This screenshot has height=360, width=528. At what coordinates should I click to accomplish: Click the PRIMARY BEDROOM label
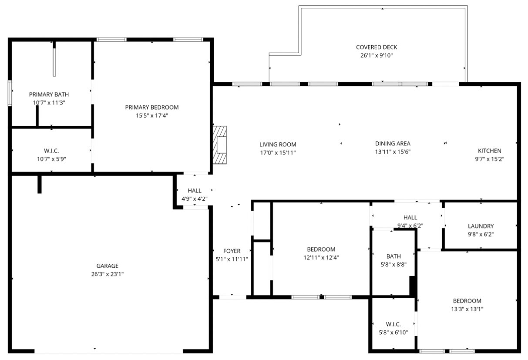tap(152, 107)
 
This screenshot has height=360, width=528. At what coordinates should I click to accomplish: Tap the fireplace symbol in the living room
tap(220, 145)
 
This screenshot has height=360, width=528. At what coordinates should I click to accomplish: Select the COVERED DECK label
tap(377, 47)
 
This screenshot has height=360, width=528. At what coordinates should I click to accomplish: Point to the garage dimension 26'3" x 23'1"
tap(108, 274)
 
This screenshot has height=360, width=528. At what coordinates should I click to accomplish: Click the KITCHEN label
tap(490, 151)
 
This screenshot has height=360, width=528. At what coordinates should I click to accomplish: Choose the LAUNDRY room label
tap(481, 226)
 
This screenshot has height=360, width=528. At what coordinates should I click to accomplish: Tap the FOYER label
tap(232, 251)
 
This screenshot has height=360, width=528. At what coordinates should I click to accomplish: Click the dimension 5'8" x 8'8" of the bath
tap(393, 265)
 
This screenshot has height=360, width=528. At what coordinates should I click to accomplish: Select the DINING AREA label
tap(393, 143)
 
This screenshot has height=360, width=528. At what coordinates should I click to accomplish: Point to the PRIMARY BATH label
tap(49, 94)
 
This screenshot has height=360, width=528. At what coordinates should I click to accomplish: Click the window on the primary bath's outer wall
tap(10, 93)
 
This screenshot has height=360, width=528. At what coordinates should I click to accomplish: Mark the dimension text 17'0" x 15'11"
tap(278, 152)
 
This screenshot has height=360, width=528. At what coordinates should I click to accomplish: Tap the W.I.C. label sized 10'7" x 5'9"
tap(51, 151)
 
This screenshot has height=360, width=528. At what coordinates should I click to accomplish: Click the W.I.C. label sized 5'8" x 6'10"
tap(393, 324)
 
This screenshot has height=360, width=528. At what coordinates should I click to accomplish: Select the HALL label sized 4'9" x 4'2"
tap(195, 191)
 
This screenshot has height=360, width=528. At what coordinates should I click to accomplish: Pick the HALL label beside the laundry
tap(410, 217)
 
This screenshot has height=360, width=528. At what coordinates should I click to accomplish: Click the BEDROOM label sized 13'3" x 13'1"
tap(467, 301)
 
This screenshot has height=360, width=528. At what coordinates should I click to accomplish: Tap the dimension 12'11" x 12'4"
tap(321, 257)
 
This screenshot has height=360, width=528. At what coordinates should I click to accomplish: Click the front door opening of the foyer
tap(233, 297)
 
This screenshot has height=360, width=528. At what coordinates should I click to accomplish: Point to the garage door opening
tap(109, 351)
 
